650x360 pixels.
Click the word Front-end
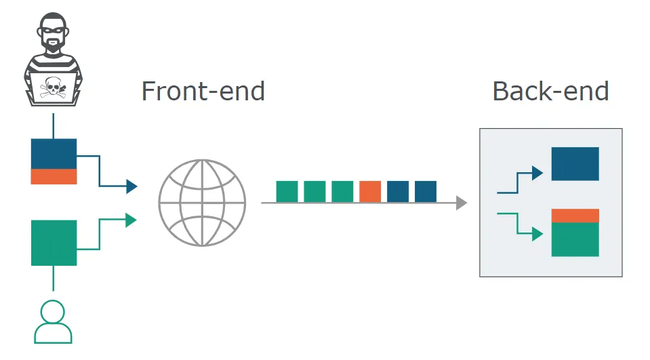pyautogui.click(x=203, y=92)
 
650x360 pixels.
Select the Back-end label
pyautogui.click(x=550, y=92)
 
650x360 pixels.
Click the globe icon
pyautogui.click(x=202, y=203)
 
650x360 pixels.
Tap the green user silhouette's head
pyautogui.click(x=53, y=311)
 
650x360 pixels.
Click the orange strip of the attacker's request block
pyautogui.click(x=54, y=176)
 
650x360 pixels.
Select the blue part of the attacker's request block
pyautogui.click(x=54, y=154)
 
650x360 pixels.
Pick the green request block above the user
pyautogui.click(x=54, y=243)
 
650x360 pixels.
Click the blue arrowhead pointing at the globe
pyautogui.click(x=131, y=186)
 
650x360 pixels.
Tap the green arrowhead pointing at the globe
pyautogui.click(x=131, y=220)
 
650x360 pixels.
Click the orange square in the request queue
pyautogui.click(x=370, y=192)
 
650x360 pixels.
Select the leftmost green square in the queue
pyautogui.click(x=287, y=192)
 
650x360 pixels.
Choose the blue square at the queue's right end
pyautogui.click(x=426, y=192)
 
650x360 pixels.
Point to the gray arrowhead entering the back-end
pyautogui.click(x=462, y=203)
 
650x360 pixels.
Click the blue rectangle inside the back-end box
pyautogui.click(x=575, y=164)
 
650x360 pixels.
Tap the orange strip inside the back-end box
pyautogui.click(x=575, y=216)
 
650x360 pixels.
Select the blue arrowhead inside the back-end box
pyautogui.click(x=537, y=173)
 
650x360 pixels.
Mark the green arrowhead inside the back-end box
pyautogui.click(x=537, y=234)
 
